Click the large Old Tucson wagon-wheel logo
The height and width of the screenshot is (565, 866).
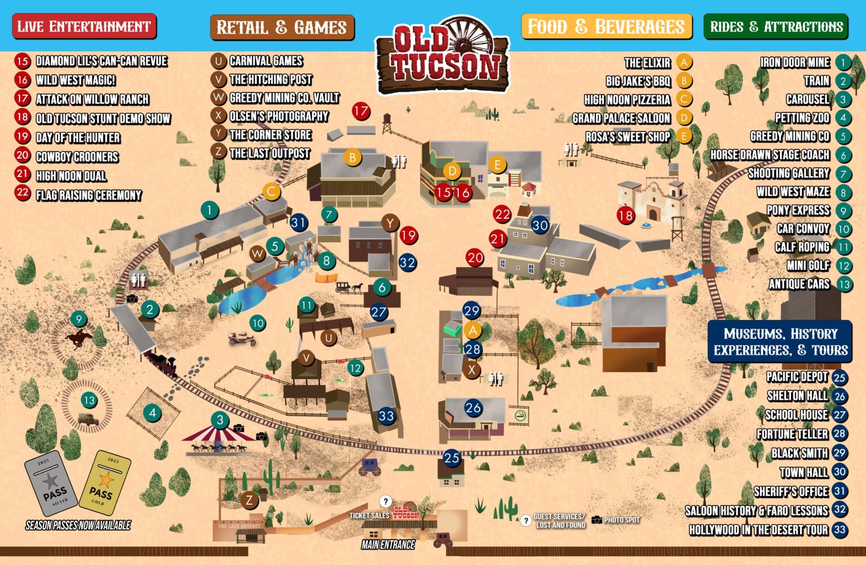443,56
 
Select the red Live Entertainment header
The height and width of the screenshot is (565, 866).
84,27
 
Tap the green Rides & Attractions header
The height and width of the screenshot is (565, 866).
776,27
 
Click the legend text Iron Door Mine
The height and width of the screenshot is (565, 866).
794,63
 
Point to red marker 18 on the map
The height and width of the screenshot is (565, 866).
625,215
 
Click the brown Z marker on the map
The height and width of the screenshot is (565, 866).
249,500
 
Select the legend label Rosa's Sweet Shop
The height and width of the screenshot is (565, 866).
628,136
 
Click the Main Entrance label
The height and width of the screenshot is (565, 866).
388,545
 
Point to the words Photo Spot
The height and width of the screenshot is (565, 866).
622,520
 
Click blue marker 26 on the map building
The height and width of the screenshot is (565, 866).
473,408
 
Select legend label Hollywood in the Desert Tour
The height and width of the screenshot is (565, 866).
758,530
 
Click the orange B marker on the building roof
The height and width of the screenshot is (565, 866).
352,157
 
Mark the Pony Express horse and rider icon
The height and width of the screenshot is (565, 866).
79,339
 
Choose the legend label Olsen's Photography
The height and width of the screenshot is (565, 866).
279,116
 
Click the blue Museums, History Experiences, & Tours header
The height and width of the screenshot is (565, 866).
780,342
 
